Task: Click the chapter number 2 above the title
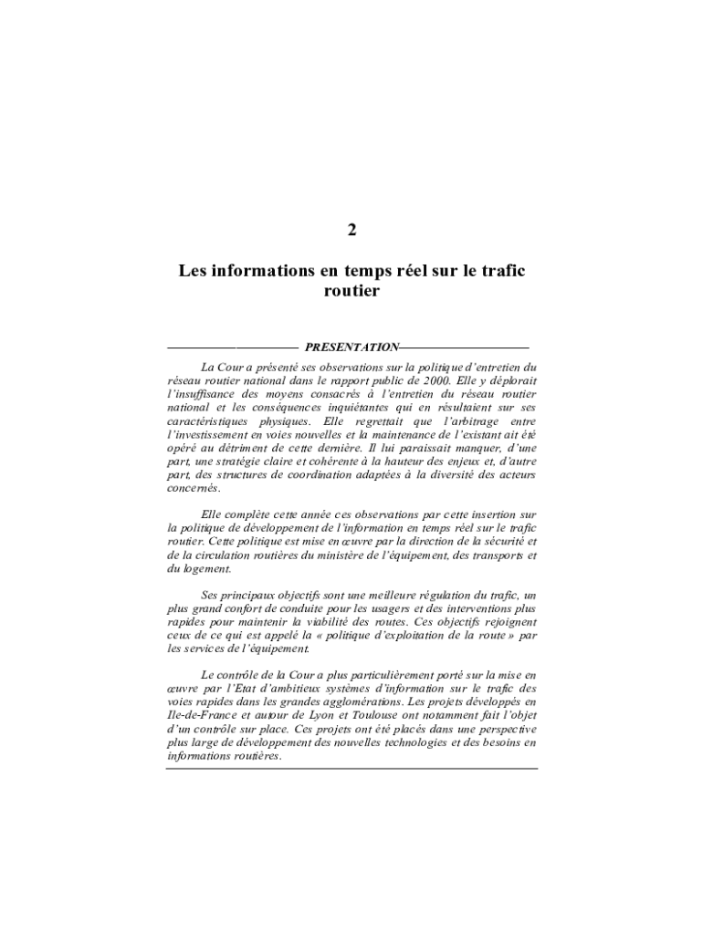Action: [351, 230]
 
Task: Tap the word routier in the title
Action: [351, 292]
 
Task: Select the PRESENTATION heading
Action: [351, 348]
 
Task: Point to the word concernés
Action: [194, 489]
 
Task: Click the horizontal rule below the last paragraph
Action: [351, 768]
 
